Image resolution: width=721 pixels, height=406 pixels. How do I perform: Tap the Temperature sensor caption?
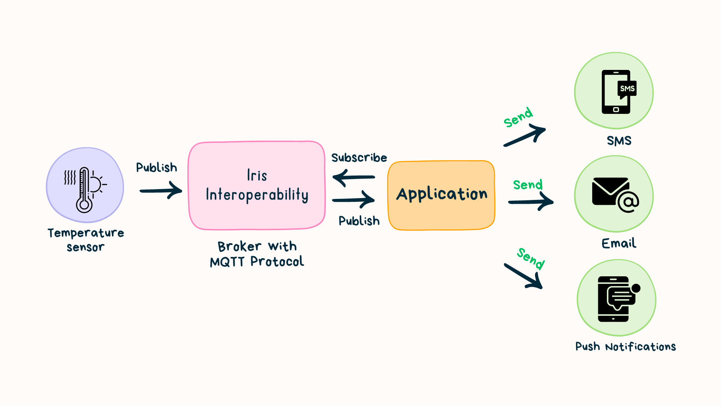86,240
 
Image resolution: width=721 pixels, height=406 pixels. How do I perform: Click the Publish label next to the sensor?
156,168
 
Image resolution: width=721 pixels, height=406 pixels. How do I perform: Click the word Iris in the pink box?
257,176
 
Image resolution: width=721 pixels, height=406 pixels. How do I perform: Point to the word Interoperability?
257,195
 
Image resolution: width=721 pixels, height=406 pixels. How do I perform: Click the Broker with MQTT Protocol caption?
257,254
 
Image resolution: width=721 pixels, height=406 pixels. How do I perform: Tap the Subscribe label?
359,158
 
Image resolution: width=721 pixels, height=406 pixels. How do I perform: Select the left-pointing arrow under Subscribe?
353,177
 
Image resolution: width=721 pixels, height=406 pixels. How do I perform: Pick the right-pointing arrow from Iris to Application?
353,200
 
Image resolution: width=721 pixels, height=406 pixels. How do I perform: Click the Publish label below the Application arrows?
359,221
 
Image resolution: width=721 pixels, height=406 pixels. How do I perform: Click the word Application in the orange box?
442,194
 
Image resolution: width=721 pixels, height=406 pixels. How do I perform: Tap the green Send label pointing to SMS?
518,117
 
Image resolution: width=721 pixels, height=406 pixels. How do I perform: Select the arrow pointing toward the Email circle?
531,202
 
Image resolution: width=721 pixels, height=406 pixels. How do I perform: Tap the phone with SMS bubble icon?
618,92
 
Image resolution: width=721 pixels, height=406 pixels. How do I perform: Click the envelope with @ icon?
615,194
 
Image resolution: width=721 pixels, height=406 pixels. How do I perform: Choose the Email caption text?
619,244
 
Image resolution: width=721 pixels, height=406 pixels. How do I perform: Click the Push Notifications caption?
625,347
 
